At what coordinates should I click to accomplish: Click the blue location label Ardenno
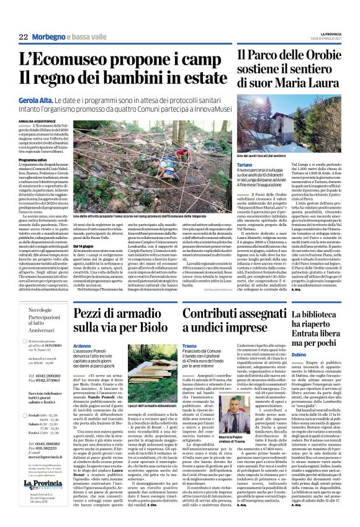[x=83, y=346]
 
